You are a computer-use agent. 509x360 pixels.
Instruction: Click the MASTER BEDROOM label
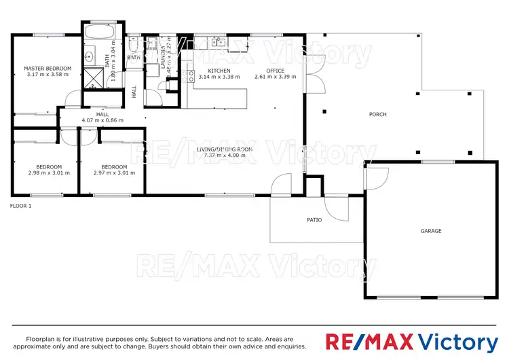tap(48, 69)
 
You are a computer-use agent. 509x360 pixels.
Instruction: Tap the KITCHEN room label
tap(219, 71)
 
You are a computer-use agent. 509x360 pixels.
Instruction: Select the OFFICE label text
tap(275, 71)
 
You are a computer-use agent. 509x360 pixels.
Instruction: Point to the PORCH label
tap(377, 115)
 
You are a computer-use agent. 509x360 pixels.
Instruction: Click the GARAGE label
tap(430, 231)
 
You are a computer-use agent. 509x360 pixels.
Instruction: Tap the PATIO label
tap(314, 219)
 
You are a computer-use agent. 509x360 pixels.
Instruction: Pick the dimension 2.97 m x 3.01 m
tap(114, 173)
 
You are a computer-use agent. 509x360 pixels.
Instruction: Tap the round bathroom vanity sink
tap(89, 56)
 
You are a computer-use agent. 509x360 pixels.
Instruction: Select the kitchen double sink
tap(218, 42)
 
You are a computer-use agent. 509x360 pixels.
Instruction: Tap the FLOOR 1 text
tap(20, 205)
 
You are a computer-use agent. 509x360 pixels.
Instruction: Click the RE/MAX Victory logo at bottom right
tap(411, 341)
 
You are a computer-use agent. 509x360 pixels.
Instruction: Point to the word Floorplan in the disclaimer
tap(41, 338)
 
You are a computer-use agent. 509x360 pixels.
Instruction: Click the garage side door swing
tap(375, 178)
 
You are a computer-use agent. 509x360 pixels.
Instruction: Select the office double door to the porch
tap(312, 82)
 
